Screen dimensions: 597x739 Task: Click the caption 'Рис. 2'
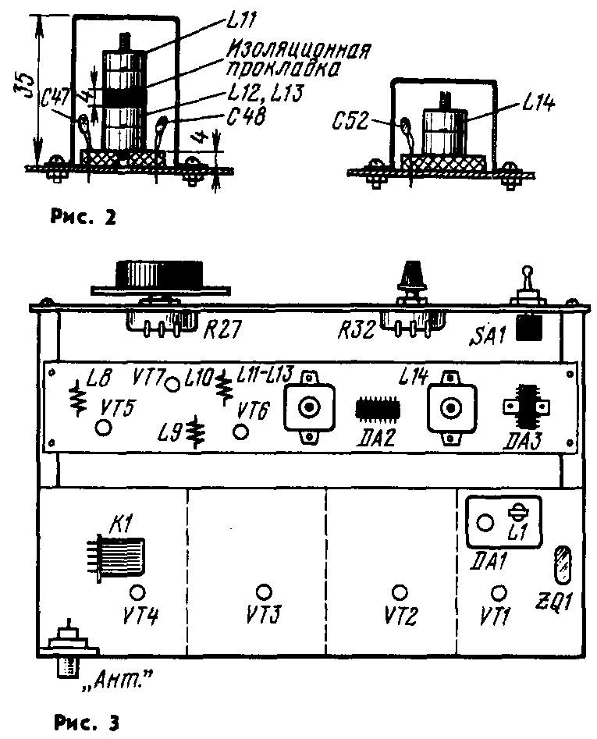[83, 217]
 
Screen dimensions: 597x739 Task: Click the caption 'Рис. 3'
[87, 722]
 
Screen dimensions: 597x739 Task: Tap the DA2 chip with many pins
[378, 408]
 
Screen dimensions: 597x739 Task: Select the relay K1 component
[119, 557]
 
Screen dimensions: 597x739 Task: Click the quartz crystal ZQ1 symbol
[562, 564]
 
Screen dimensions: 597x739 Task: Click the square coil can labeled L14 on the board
[451, 407]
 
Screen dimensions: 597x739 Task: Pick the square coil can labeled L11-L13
[309, 407]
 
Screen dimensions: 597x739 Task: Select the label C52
[350, 121]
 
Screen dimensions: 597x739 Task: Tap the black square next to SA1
[528, 328]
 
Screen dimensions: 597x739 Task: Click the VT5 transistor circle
[103, 428]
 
